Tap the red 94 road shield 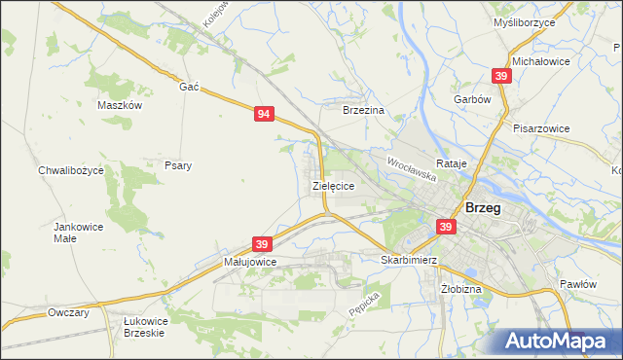tap(264, 114)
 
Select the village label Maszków tap(121, 105)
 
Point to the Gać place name tap(189, 86)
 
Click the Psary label tap(178, 165)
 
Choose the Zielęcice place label tap(332, 184)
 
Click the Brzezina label tap(364, 111)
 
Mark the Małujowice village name tap(250, 262)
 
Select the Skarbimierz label tap(409, 260)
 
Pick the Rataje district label tap(453, 163)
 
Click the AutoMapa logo tap(555, 342)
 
